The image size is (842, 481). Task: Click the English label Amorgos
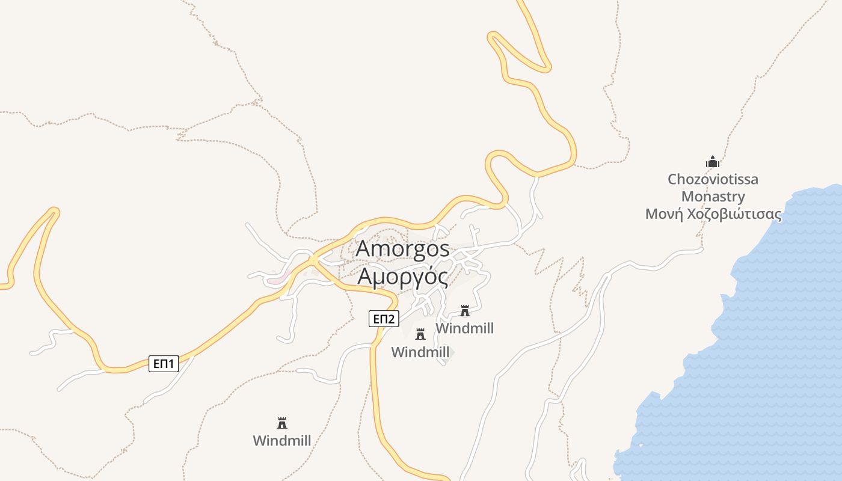pyautogui.click(x=402, y=249)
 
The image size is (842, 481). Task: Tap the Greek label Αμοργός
pyautogui.click(x=402, y=277)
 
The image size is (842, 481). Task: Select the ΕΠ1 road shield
pyautogui.click(x=164, y=363)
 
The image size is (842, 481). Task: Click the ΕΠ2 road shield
pyautogui.click(x=384, y=319)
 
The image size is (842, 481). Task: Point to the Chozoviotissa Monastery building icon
pyautogui.click(x=713, y=162)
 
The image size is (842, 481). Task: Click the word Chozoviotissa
pyautogui.click(x=713, y=179)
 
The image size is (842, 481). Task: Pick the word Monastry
pyautogui.click(x=713, y=197)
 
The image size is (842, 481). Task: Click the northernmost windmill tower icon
pyautogui.click(x=464, y=311)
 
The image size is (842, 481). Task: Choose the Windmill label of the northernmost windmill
pyautogui.click(x=464, y=328)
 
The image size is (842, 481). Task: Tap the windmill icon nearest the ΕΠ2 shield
pyautogui.click(x=420, y=334)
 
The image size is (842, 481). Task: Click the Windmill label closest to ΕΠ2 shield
pyautogui.click(x=420, y=352)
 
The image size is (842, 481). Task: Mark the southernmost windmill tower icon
pyautogui.click(x=281, y=423)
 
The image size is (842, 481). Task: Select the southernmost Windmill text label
pyautogui.click(x=281, y=441)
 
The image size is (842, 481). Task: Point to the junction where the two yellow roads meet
pyautogui.click(x=313, y=259)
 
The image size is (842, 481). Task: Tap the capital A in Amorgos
pyautogui.click(x=363, y=249)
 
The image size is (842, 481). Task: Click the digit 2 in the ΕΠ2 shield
pyautogui.click(x=392, y=319)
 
